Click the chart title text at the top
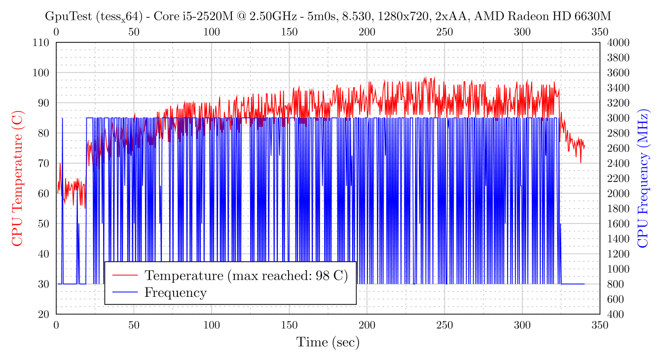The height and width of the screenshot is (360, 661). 328,16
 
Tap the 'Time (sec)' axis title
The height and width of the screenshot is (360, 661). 328,342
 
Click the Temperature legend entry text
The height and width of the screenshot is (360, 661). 246,275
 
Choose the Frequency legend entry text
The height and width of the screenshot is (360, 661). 175,292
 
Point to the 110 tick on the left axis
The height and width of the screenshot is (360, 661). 42,42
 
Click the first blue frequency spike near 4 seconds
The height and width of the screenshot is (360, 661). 62,148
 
